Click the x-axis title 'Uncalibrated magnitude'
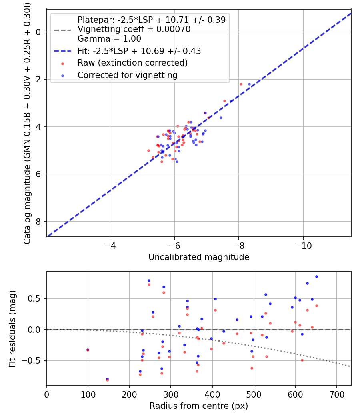click(199, 257)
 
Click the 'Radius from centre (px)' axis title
click(199, 406)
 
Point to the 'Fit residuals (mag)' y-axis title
click(12, 328)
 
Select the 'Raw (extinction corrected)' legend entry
click(132, 63)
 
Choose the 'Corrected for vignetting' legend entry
click(127, 75)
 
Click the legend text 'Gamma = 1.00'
click(109, 39)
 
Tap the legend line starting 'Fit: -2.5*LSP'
click(139, 51)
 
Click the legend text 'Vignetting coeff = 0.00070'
click(134, 29)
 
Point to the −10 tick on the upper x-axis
click(303, 244)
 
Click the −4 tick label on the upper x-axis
click(110, 244)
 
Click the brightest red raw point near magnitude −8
click(241, 84)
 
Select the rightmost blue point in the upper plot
click(249, 84)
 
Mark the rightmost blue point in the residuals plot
click(316, 276)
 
